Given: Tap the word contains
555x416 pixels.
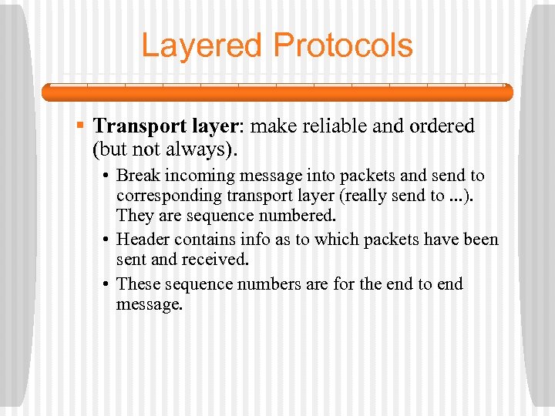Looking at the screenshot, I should click(x=199, y=240).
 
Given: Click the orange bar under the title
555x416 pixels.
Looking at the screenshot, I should click(x=277, y=92).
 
